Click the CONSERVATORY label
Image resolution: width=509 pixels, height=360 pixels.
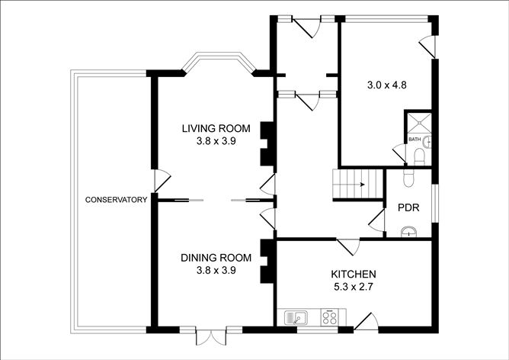click(116, 201)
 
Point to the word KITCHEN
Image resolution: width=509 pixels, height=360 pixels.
click(354, 274)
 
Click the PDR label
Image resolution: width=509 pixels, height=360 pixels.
click(408, 207)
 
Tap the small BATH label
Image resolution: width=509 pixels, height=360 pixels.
click(415, 140)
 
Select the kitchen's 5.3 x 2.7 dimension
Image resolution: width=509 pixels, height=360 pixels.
click(354, 288)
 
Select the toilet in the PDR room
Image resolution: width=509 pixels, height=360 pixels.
click(408, 177)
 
